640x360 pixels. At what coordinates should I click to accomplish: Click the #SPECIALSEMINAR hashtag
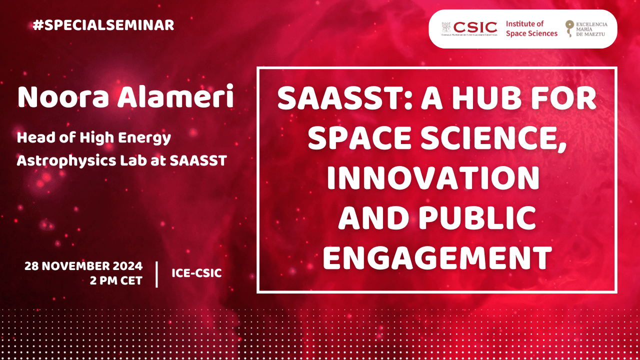(103, 25)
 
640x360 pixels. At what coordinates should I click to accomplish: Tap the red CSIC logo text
(475, 27)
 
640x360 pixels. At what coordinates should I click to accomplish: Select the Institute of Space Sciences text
(531, 28)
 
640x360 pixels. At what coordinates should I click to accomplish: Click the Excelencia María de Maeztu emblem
(569, 28)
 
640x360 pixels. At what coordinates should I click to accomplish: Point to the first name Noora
(63, 97)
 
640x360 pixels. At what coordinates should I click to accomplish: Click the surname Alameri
(175, 96)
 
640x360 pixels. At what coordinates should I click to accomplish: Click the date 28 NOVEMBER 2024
(83, 266)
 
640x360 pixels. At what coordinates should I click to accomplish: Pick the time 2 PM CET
(116, 280)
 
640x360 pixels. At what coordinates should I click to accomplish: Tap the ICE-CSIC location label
(196, 273)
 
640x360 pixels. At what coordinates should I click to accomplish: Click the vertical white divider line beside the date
(156, 274)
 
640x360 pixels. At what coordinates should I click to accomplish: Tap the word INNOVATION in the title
(433, 177)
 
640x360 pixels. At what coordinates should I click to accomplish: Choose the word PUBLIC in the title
(477, 217)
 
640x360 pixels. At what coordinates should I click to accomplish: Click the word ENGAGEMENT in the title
(437, 257)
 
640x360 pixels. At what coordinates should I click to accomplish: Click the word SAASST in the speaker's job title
(198, 160)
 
